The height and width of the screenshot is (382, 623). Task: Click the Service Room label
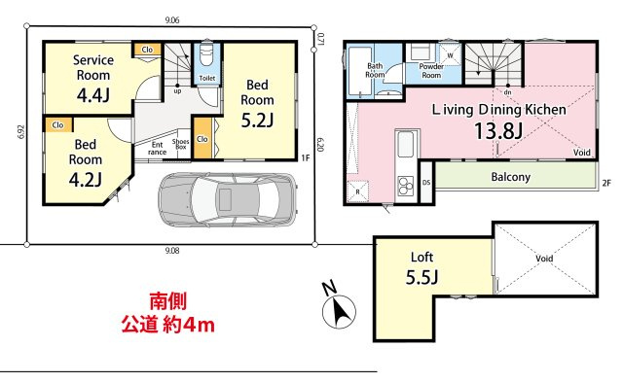point(94,67)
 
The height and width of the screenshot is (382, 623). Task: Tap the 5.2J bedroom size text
point(257,120)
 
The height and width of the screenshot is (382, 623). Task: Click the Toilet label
point(206,76)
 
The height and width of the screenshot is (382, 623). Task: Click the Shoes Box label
point(181,145)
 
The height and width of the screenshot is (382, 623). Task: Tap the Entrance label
point(157,148)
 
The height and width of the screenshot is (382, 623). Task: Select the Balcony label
point(510,177)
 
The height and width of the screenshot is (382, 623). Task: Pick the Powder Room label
point(430,71)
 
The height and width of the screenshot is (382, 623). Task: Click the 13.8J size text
point(499,131)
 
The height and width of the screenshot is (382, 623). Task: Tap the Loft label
point(421,258)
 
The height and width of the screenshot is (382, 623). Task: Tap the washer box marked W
point(452,55)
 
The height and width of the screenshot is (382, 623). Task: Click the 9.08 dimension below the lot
point(172,251)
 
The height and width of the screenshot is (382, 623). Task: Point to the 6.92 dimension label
point(20,132)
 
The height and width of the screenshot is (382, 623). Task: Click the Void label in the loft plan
point(544,259)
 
